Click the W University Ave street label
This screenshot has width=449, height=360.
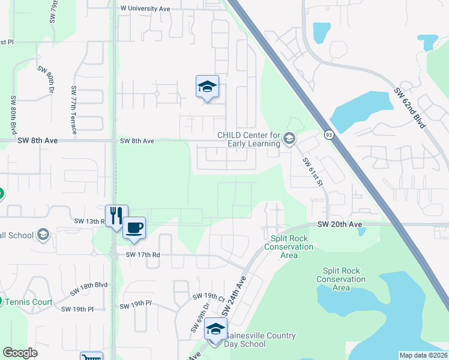pos(145,9)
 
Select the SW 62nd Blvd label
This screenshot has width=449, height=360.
pos(410,108)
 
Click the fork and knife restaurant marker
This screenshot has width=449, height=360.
pos(116,215)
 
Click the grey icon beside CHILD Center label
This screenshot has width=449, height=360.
pos(289,139)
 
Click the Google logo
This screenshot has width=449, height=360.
pos(20,353)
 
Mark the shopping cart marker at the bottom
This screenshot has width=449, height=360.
pos(91,356)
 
